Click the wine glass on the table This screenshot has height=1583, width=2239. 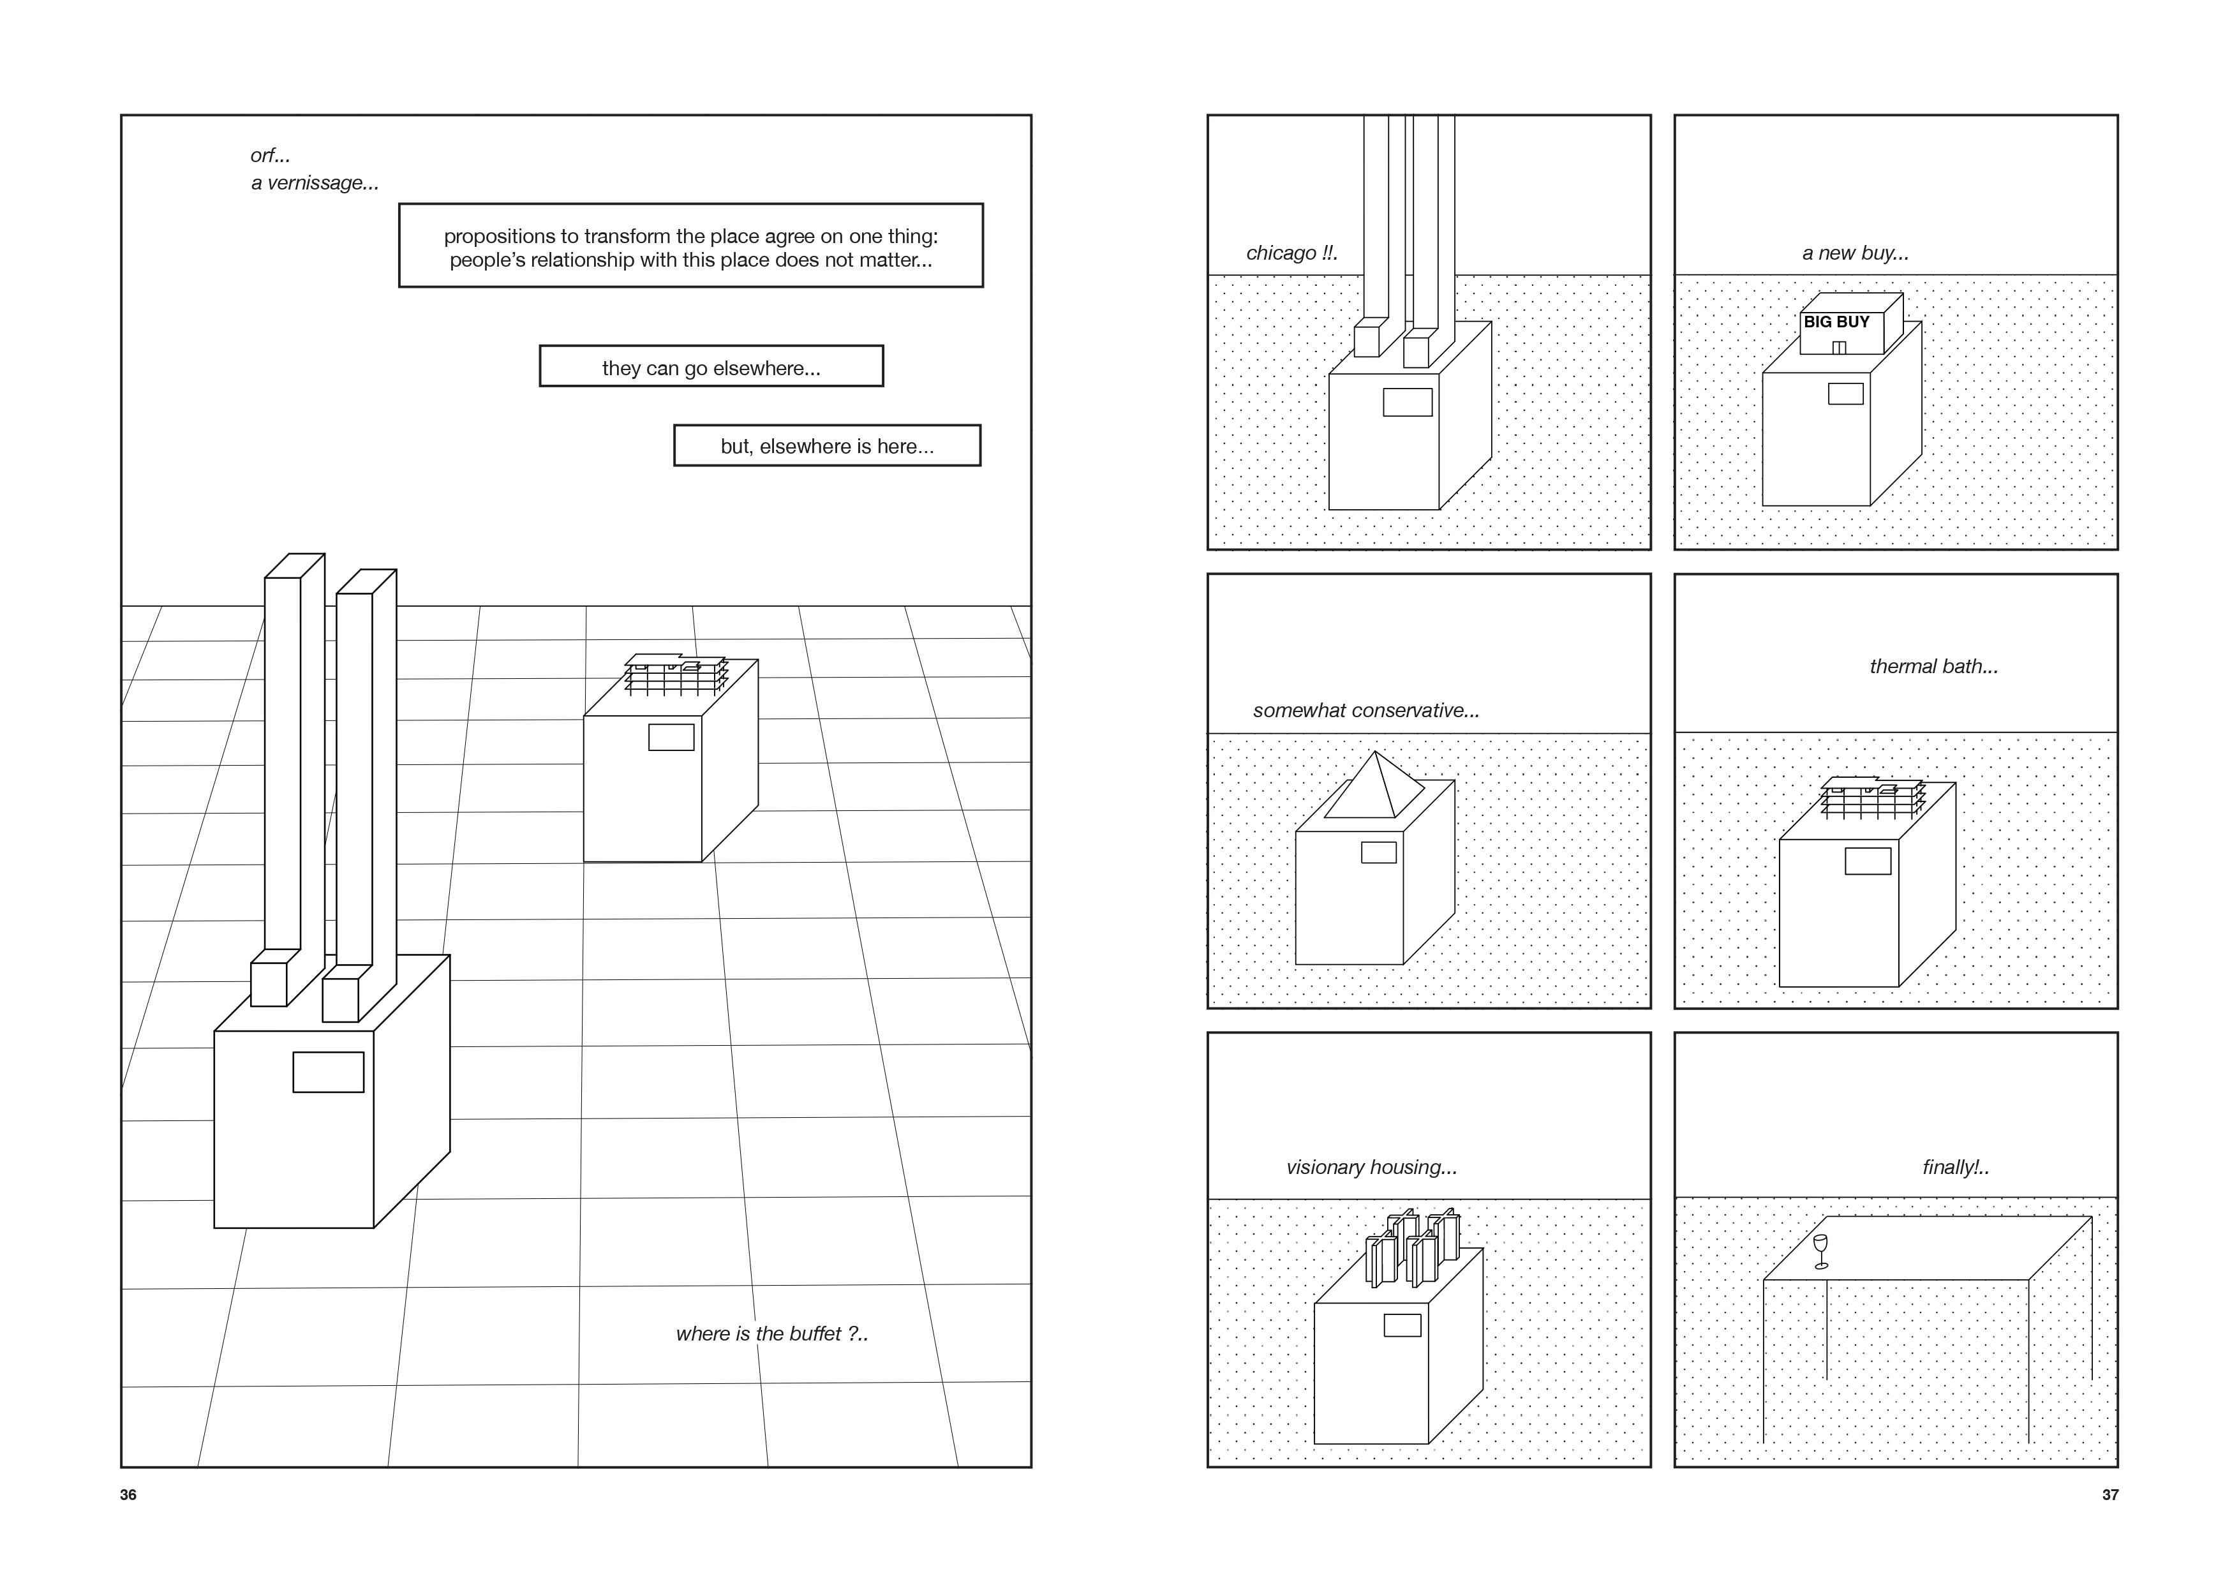(x=1820, y=1251)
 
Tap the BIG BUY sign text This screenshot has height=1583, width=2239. (x=1836, y=322)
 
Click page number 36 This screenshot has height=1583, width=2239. (x=128, y=1495)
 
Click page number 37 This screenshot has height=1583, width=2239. (x=2109, y=1495)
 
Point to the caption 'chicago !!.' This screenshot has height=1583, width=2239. (x=1291, y=253)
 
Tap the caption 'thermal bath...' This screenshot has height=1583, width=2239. (x=1933, y=667)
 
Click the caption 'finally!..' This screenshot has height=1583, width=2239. (x=1955, y=1168)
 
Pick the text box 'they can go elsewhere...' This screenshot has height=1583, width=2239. (x=711, y=368)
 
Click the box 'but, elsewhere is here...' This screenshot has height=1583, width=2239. (x=827, y=447)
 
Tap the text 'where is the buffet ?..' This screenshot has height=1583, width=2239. (x=771, y=1334)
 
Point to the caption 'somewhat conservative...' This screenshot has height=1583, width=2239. (x=1365, y=711)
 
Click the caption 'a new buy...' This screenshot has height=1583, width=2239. (x=1855, y=253)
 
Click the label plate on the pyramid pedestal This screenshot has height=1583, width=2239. (x=1378, y=852)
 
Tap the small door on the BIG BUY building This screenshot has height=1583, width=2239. (x=1839, y=347)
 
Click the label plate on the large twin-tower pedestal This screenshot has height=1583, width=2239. (x=329, y=1072)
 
